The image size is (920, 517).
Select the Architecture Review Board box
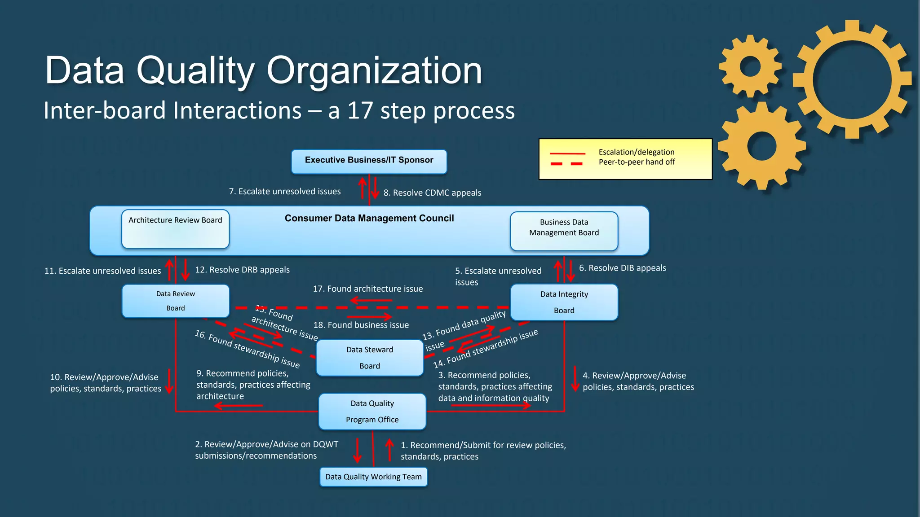[x=175, y=229]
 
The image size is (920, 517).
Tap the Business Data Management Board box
[x=564, y=231]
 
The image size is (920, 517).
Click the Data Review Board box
[x=176, y=301]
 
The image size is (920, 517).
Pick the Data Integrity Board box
[x=564, y=302]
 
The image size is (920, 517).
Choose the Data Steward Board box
[x=369, y=358]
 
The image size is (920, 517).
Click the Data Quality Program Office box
[x=372, y=411]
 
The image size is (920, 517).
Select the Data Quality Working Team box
[x=373, y=477]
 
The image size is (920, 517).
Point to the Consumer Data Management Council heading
[x=369, y=218]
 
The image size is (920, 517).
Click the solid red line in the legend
[x=567, y=153]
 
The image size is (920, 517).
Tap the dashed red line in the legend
[x=567, y=164]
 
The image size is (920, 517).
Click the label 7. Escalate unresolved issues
[x=285, y=192]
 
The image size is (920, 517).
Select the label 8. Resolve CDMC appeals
[x=432, y=193]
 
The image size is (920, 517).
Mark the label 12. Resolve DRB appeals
[x=242, y=270]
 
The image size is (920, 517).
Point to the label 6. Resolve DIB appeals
[x=622, y=268]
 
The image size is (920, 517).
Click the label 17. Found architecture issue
[x=367, y=289]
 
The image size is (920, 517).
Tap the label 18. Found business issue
[x=361, y=325]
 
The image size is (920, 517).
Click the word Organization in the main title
[x=374, y=70]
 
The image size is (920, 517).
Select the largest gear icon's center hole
[x=852, y=79]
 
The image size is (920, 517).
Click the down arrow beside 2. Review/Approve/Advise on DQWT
[x=357, y=450]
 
